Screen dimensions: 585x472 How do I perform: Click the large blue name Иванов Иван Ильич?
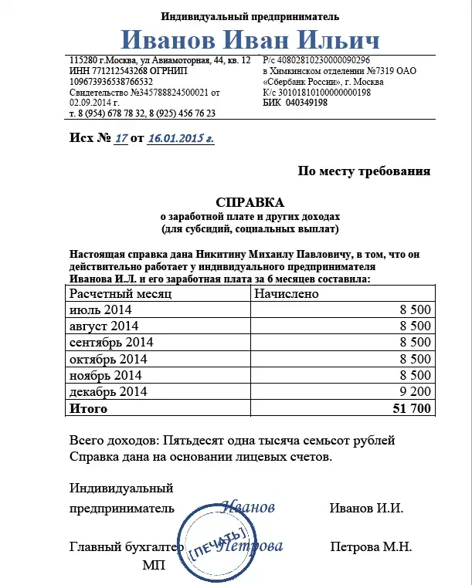(x=250, y=40)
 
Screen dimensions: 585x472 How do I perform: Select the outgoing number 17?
(x=121, y=138)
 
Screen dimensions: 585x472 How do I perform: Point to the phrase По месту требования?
(x=364, y=171)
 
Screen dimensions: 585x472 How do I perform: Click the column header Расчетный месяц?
(x=121, y=293)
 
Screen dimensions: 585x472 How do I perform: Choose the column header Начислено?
(x=287, y=293)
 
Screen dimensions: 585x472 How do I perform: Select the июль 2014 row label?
(x=100, y=309)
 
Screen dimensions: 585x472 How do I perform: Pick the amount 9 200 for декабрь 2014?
(x=415, y=391)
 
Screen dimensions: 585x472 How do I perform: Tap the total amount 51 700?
(x=412, y=408)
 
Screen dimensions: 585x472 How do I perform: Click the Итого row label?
(x=89, y=408)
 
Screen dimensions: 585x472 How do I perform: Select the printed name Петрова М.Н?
(x=370, y=547)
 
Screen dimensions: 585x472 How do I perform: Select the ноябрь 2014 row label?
(x=105, y=375)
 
